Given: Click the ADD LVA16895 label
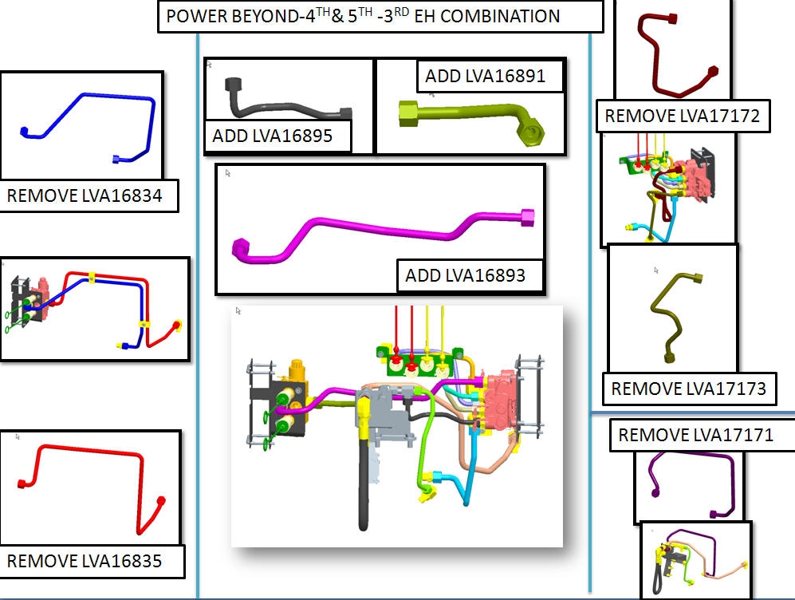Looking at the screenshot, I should click(x=272, y=136).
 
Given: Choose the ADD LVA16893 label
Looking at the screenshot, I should click(x=465, y=276).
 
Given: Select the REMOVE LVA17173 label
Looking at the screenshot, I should click(x=688, y=389).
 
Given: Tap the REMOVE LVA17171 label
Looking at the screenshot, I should click(x=695, y=436).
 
